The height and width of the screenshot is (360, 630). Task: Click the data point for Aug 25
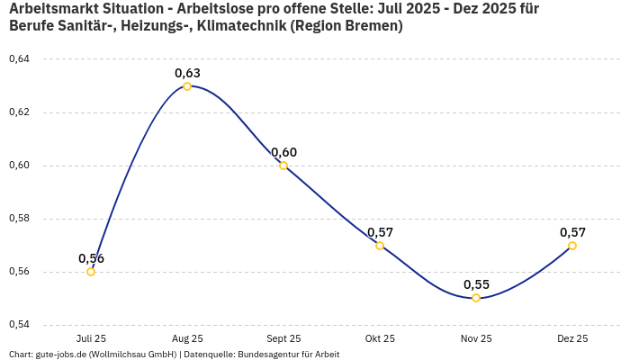(187, 86)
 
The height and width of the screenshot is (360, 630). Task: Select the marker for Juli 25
(91, 272)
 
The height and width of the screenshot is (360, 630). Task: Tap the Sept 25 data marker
(283, 166)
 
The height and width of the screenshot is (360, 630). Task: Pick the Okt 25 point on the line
(380, 246)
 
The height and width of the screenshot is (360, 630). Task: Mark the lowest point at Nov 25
(476, 298)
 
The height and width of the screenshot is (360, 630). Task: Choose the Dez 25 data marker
(572, 246)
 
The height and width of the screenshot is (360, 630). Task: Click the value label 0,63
(187, 73)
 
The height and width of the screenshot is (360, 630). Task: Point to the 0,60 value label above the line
(283, 152)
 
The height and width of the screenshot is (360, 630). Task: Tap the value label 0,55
(476, 284)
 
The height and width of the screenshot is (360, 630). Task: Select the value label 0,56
(91, 258)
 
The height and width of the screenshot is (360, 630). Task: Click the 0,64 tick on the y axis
(19, 59)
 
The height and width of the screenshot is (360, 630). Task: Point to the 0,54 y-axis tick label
(19, 325)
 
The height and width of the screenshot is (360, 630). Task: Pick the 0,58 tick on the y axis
(19, 219)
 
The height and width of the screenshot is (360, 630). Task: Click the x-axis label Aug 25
(187, 338)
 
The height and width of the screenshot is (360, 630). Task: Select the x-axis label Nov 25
(476, 338)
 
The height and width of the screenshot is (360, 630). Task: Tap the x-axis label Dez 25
(572, 338)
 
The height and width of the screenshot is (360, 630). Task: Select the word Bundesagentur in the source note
(266, 355)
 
